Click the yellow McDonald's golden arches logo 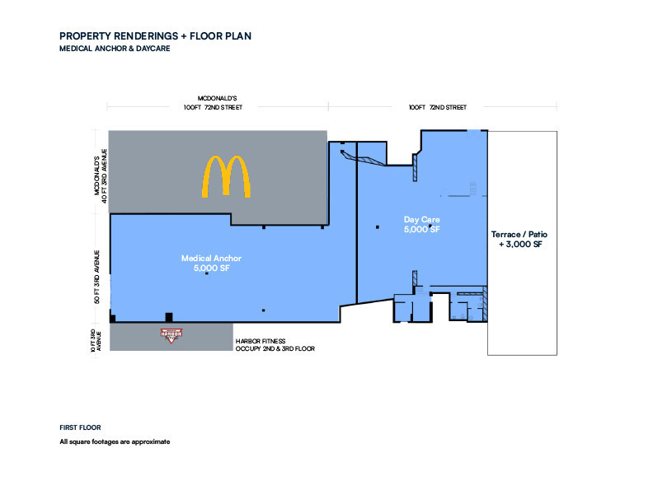coord(226,176)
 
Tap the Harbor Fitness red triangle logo coord(171,335)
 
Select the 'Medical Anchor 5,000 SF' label coord(211,264)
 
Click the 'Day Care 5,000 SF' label coord(421,224)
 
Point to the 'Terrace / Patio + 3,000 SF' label coord(519,239)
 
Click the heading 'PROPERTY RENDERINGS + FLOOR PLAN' coord(155,36)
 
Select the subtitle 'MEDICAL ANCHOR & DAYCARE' coord(115,49)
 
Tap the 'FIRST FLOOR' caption coord(80,427)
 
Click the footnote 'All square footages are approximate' coord(115,441)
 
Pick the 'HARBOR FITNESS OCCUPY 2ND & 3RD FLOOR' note coord(275,345)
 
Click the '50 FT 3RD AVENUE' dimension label coord(96,277)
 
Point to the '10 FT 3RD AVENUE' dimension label coord(96,341)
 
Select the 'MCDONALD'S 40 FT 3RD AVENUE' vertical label coord(101,176)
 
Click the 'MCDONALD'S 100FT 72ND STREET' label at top coord(213,103)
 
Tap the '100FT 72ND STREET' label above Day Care coord(438,107)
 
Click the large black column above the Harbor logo coord(169,317)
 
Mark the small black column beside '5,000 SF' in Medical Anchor coord(207,273)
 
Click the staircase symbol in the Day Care coord(473,189)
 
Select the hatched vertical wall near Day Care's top coord(415,167)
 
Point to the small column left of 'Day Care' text coord(378,227)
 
